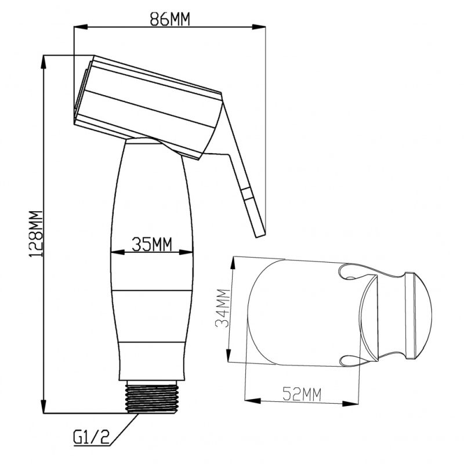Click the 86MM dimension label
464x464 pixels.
[x=169, y=19]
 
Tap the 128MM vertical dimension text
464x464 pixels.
[x=36, y=234]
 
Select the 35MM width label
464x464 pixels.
[x=152, y=244]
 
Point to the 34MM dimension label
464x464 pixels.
[x=223, y=308]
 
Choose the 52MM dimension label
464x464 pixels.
[x=302, y=394]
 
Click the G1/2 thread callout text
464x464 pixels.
[x=92, y=437]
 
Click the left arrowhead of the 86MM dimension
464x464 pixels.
[x=81, y=27]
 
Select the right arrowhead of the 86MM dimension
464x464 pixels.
[x=259, y=27]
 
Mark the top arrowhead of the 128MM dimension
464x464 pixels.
[x=43, y=62]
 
